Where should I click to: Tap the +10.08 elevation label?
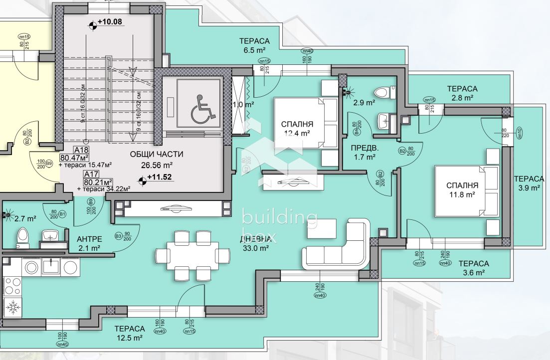point(110,22)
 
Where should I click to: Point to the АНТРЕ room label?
point(89,238)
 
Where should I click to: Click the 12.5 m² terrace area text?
point(129,338)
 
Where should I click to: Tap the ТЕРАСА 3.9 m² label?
point(529,183)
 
